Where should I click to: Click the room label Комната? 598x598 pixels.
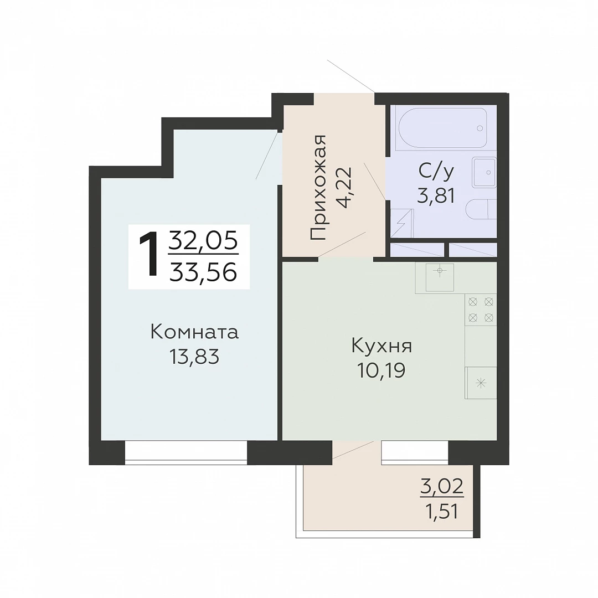[x=194, y=332]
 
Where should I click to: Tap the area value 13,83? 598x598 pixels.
[x=194, y=357]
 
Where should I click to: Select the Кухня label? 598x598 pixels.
[x=382, y=347]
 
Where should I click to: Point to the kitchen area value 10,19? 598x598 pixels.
[x=382, y=370]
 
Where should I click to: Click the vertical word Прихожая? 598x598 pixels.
[x=318, y=187]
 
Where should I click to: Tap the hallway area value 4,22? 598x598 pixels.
[x=345, y=188]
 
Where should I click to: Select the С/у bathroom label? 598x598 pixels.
[x=436, y=171]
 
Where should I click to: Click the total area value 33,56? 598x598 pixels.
[x=204, y=272]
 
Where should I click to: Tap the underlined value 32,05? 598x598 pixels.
[x=204, y=241]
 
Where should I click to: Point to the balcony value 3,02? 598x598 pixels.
[x=442, y=486]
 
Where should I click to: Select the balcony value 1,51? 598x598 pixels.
[x=442, y=511]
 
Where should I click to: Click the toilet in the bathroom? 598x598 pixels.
[x=481, y=209]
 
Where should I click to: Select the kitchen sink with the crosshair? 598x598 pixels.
[x=440, y=277]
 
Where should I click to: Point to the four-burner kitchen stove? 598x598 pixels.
[x=481, y=310]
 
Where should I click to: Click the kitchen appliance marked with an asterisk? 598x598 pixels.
[x=481, y=383]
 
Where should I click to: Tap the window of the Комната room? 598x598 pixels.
[x=186, y=453]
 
